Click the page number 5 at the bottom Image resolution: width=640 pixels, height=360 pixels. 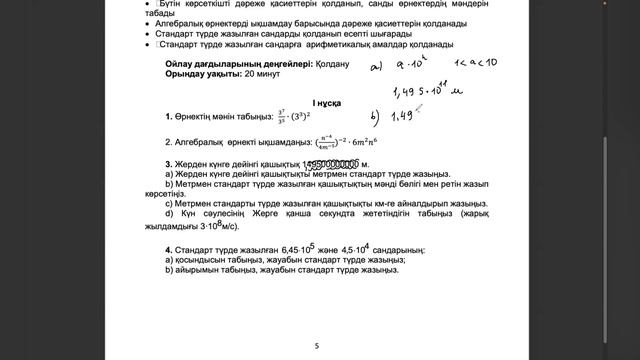[317, 346]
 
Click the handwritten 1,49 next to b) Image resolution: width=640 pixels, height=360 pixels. [402, 116]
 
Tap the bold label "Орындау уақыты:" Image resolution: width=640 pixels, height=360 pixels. [201, 75]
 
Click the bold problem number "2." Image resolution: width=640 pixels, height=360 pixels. [169, 141]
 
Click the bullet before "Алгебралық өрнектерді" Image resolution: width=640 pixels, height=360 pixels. [147, 22]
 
